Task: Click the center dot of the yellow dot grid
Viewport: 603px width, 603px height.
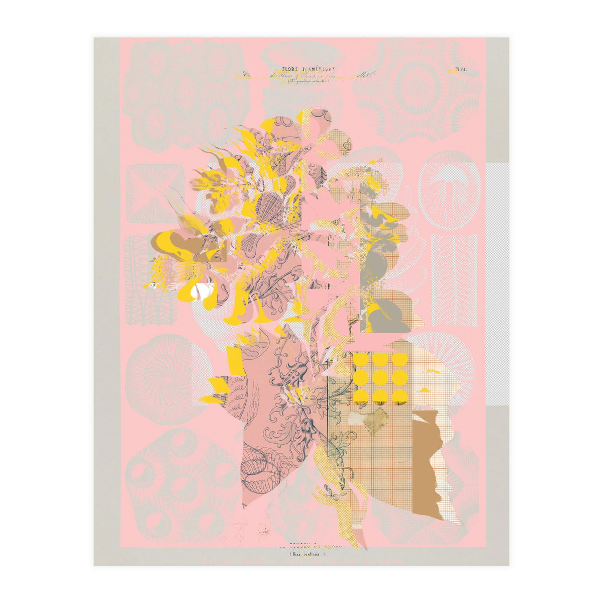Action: (x=380, y=378)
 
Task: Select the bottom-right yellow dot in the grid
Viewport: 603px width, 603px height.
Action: (x=399, y=396)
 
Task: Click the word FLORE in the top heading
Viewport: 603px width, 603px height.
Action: (x=287, y=71)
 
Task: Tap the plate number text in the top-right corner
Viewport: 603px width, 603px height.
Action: (x=460, y=70)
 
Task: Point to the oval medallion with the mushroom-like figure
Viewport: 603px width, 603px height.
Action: (x=450, y=189)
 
